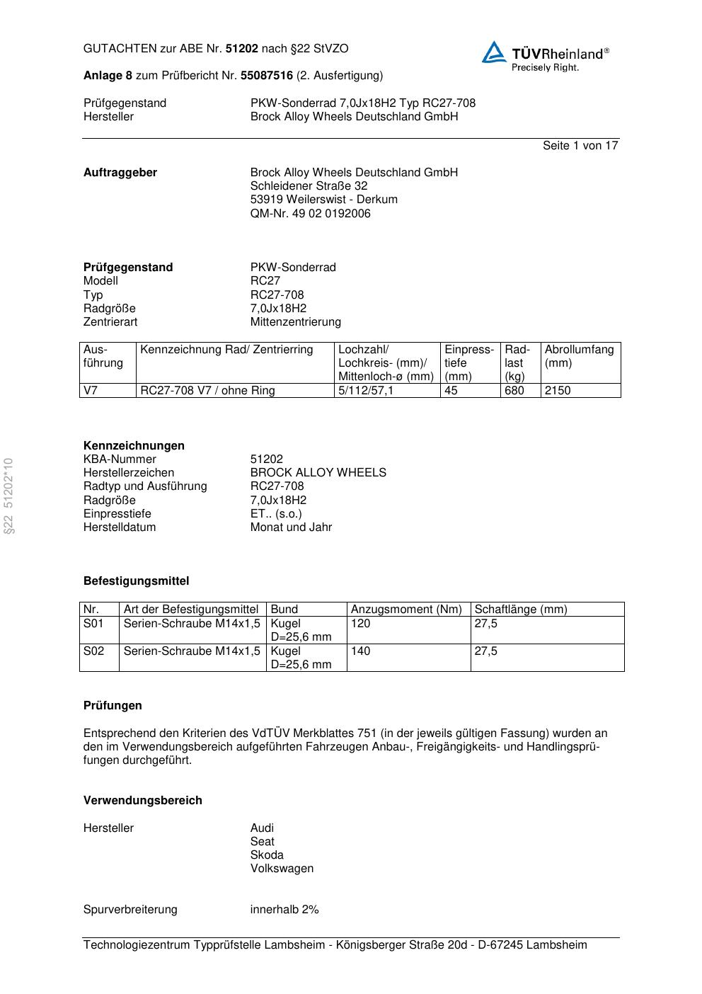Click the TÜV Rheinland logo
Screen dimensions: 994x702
[x=545, y=55]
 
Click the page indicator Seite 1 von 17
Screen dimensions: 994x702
[x=580, y=146]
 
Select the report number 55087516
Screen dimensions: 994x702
[x=267, y=76]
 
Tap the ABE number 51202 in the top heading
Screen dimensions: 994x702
[x=241, y=49]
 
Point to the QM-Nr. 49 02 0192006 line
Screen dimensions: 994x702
[x=310, y=214]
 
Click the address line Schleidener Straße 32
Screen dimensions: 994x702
[x=309, y=186]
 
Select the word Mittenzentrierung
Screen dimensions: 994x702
[x=295, y=322]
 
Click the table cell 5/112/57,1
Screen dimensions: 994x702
[x=366, y=391]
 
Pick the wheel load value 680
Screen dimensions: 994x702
[x=514, y=391]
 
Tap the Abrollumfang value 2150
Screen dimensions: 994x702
[x=557, y=391]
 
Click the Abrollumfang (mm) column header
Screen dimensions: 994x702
[x=579, y=356]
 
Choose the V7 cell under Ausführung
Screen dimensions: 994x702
[x=91, y=391]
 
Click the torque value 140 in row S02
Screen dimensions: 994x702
[x=360, y=651]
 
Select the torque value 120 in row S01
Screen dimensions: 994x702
[x=360, y=624]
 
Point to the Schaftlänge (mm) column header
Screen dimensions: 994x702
[x=520, y=610]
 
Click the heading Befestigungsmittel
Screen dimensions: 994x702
[x=136, y=581]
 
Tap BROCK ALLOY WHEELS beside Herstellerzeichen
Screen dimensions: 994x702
[x=318, y=473]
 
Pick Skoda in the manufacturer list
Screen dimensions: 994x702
[x=267, y=855]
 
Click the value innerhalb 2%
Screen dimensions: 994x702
[x=284, y=910]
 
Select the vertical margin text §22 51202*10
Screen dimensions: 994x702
[x=8, y=496]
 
